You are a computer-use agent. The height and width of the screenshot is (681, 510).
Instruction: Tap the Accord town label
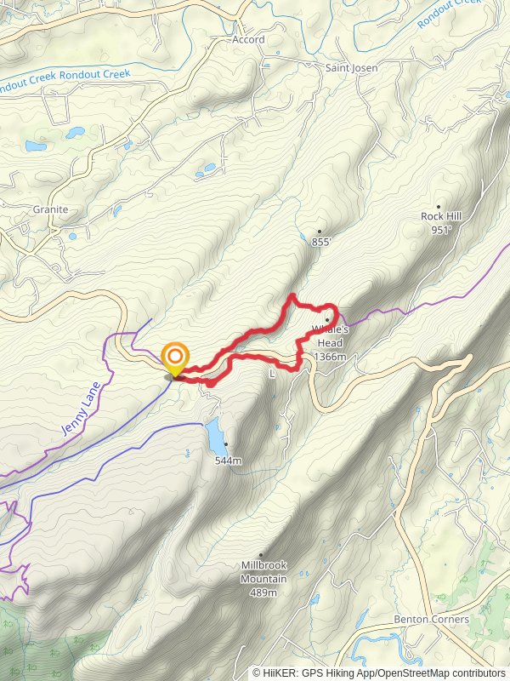pyautogui.click(x=249, y=40)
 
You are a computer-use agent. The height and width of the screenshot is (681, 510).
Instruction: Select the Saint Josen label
pyautogui.click(x=351, y=67)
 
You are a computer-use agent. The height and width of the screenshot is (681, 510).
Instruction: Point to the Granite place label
pyautogui.click(x=49, y=209)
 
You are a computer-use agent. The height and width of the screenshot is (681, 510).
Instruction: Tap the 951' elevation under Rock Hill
pyautogui.click(x=440, y=230)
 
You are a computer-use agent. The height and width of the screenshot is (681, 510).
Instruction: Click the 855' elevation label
pyautogui.click(x=320, y=243)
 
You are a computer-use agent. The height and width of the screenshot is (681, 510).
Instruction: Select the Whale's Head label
pyautogui.click(x=330, y=334)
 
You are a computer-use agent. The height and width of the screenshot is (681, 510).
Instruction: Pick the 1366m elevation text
pyautogui.click(x=330, y=357)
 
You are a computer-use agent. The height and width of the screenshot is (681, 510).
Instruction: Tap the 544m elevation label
pyautogui.click(x=228, y=461)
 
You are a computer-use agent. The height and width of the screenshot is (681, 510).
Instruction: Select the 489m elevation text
pyautogui.click(x=263, y=592)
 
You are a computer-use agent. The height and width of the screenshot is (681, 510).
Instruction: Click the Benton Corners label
pyautogui.click(x=432, y=620)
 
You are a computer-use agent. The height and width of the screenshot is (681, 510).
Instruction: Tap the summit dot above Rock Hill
pyautogui.click(x=439, y=206)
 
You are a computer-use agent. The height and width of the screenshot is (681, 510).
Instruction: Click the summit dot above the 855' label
pyautogui.click(x=320, y=231)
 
